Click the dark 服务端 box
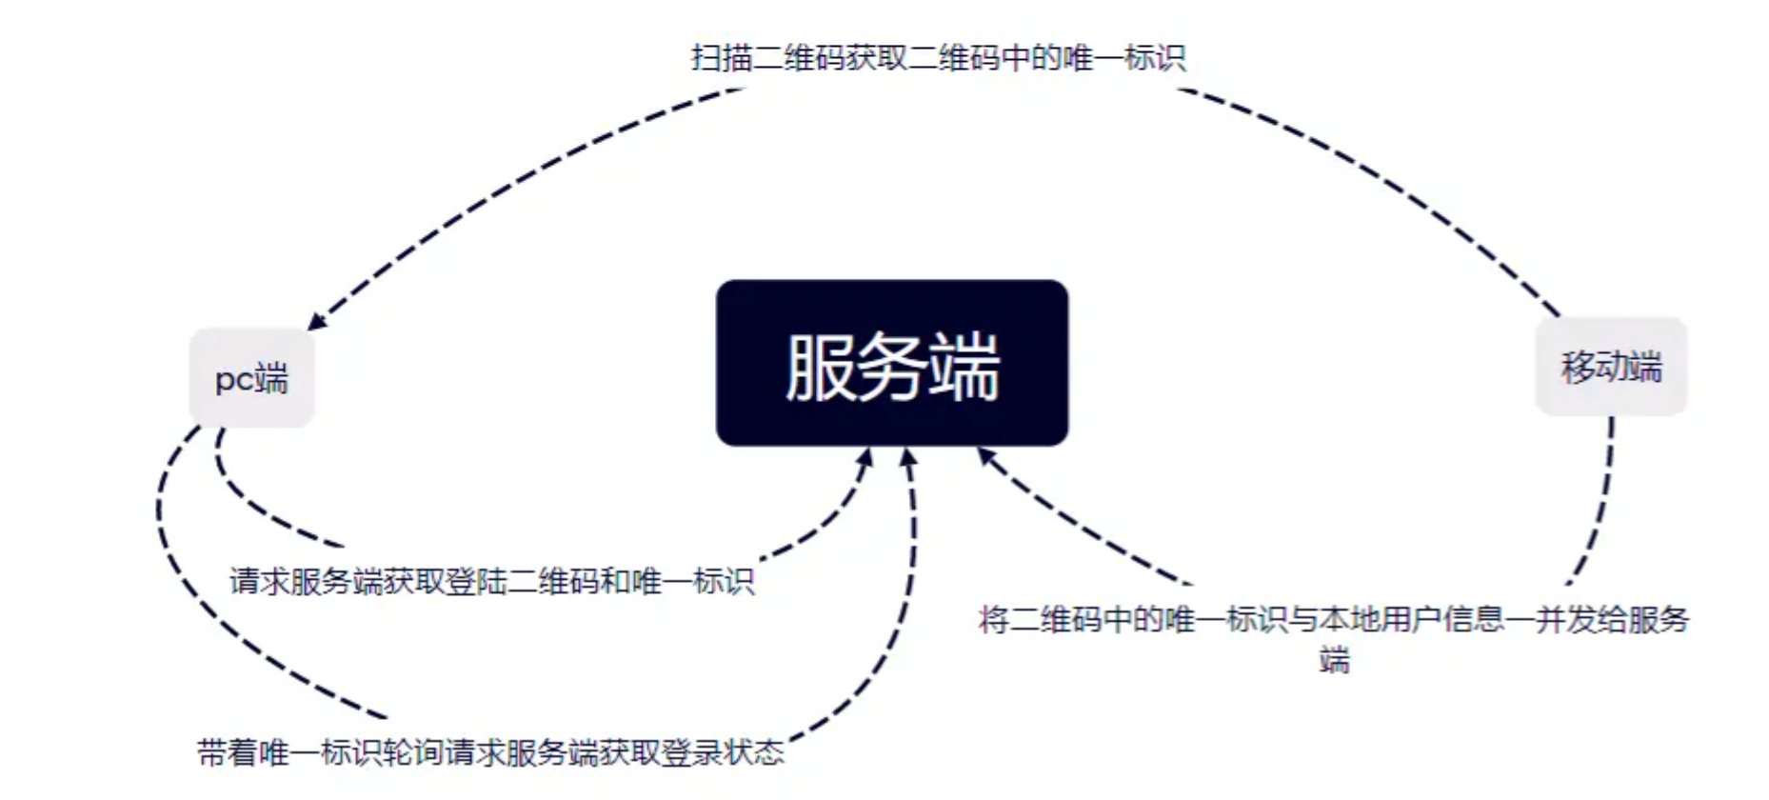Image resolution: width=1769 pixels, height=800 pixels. point(891,363)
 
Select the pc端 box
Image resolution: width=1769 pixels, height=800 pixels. point(251,378)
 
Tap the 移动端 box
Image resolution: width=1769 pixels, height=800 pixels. point(1611,366)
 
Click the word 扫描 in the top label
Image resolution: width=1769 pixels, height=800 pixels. point(721,58)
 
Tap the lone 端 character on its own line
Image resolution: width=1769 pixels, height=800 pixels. point(1335,659)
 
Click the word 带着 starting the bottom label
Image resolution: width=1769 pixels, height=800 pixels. point(228,753)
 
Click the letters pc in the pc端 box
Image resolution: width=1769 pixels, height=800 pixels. point(232,379)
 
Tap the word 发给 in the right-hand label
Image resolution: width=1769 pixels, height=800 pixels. point(1596,620)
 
